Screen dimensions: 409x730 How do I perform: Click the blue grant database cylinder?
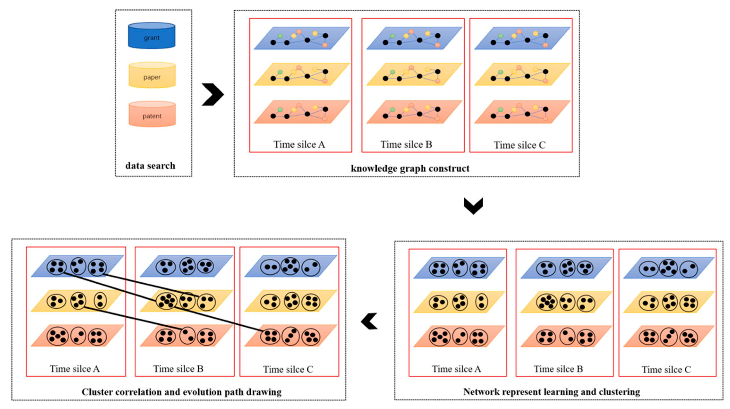(152, 36)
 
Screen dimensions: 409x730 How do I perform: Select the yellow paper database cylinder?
(152, 75)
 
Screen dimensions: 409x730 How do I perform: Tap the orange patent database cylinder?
(152, 114)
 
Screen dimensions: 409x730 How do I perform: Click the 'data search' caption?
(150, 166)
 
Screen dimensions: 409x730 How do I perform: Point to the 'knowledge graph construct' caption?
(410, 168)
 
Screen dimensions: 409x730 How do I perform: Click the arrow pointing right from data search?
(213, 94)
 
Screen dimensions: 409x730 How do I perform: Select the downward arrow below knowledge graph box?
(473, 206)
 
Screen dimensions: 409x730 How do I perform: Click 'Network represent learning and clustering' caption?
(551, 392)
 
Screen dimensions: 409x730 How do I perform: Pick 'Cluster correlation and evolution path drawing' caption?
(181, 392)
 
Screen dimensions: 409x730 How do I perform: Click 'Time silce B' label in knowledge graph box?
(406, 145)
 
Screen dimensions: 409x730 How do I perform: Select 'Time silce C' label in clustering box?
(666, 370)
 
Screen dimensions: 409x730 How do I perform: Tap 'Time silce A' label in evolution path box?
(75, 369)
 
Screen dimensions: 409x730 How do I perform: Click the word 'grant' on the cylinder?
(152, 38)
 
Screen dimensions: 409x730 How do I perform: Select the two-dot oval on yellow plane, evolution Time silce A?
(100, 301)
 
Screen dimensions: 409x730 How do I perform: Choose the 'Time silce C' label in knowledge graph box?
(519, 145)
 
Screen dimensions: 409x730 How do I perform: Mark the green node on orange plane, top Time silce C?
(501, 109)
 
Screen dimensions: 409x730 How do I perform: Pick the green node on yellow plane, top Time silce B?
(392, 72)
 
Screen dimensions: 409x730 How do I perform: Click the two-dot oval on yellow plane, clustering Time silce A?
(481, 302)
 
